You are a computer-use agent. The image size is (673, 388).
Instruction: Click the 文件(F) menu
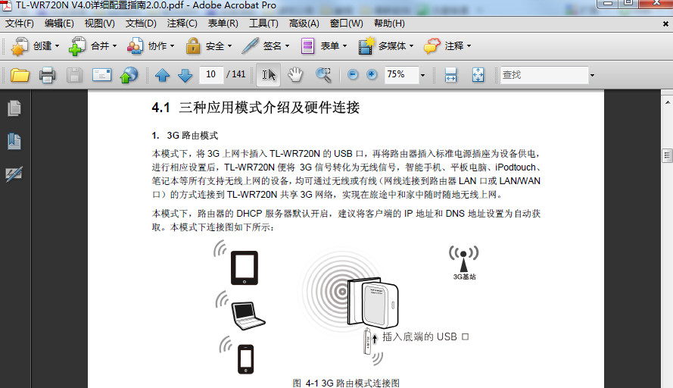click(20, 23)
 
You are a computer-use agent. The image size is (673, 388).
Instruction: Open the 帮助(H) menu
click(389, 23)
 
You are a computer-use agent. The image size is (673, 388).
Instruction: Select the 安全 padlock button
click(205, 46)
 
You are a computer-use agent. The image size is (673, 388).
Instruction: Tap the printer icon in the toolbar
click(48, 75)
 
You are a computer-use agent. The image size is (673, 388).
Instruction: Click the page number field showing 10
click(210, 74)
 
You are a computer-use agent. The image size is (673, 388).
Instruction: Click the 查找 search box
click(543, 75)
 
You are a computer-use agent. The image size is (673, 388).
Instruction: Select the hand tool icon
click(295, 74)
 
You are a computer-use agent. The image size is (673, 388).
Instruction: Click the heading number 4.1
click(161, 108)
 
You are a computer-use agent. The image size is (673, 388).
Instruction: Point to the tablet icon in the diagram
click(245, 268)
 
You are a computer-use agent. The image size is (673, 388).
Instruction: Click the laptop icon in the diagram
click(247, 314)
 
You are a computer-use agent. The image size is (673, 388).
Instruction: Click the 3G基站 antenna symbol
click(464, 255)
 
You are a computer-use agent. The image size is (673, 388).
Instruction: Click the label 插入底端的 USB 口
click(425, 336)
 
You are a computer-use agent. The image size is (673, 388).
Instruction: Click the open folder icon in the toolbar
click(20, 75)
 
